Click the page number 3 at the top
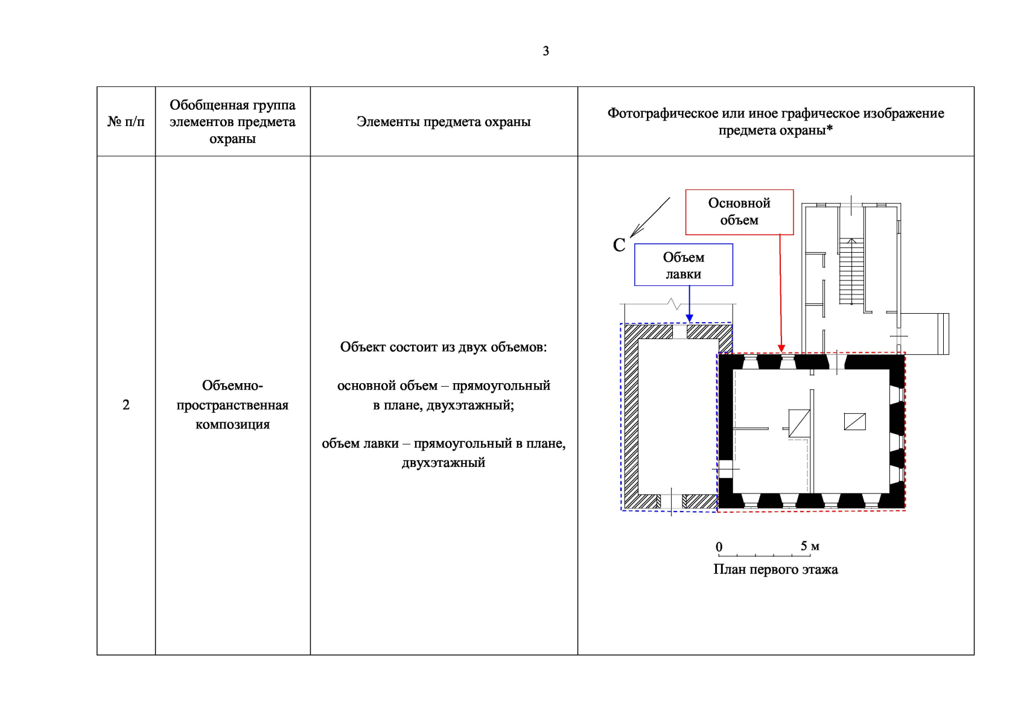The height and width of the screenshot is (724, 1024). coord(546,51)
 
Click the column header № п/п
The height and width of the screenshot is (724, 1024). coord(126,122)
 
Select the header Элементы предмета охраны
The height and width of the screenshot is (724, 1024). coord(444,122)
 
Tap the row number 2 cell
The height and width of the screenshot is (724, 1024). coord(126,405)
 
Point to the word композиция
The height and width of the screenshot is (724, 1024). coord(233,425)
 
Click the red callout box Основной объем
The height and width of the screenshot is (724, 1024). coord(739,212)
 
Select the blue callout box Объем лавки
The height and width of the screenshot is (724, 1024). coord(684,265)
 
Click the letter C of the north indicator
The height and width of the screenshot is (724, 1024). coord(619,246)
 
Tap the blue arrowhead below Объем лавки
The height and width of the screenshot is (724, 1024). coord(689,318)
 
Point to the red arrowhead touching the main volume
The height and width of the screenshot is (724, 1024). coord(781,349)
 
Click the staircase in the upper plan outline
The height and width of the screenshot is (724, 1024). coord(851,271)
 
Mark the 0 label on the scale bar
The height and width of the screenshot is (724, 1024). coord(719,547)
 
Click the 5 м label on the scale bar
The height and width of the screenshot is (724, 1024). coord(810,546)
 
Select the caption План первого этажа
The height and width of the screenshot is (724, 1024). coord(775,570)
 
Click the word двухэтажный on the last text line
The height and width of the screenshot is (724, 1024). coord(444,463)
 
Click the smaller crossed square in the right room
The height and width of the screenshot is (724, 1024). coord(854,421)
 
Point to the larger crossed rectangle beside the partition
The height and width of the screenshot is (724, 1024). coord(799,423)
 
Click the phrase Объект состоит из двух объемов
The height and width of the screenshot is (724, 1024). coord(444,348)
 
